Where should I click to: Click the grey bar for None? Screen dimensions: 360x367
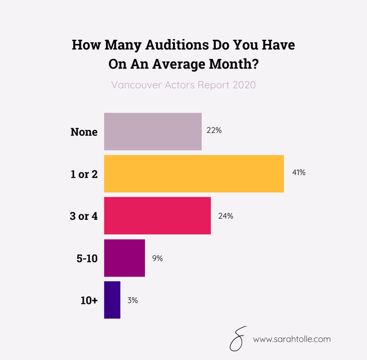pos(153,132)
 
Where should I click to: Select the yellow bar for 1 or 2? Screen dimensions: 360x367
pos(194,174)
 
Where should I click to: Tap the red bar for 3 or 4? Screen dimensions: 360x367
pos(157,216)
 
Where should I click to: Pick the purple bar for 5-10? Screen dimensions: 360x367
pos(124,258)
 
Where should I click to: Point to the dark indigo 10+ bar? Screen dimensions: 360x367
pos(112,300)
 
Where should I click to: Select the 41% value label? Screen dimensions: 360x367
pos(298,173)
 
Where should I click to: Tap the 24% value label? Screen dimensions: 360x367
pos(226,216)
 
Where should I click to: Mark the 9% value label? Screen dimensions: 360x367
pos(158,258)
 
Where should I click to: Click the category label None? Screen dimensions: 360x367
pos(84,132)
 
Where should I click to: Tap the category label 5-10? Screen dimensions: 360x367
pos(86,258)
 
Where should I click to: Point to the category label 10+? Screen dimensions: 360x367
pos(89,300)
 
